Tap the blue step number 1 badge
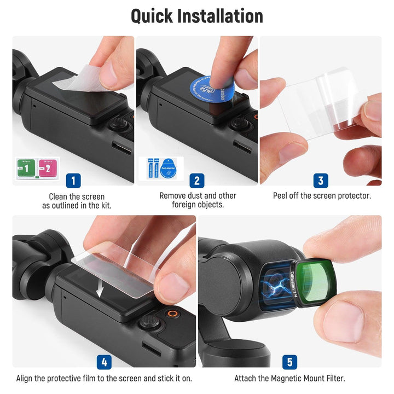coord(73,180)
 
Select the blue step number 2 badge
coord(197,180)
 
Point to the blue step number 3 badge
coord(321,180)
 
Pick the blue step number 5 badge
coord(289,362)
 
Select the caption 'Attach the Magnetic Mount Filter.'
coord(289,378)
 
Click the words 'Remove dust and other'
coord(198,195)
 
